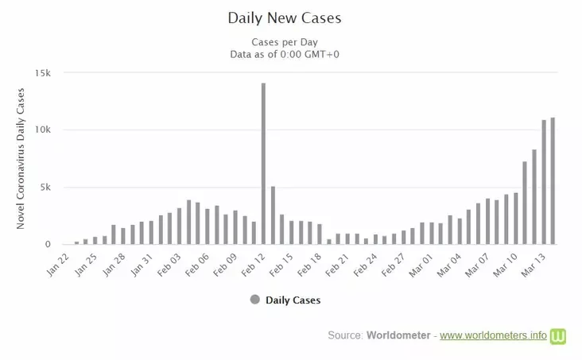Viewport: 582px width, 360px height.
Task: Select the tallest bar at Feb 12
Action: [x=263, y=164]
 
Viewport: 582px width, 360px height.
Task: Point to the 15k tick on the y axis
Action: [x=42, y=73]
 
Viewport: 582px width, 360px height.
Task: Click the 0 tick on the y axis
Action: [x=48, y=245]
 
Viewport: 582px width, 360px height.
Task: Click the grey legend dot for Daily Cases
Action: [x=254, y=300]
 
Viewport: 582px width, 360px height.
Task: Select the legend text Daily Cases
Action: [x=293, y=300]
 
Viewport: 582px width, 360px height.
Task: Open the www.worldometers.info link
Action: [x=493, y=336]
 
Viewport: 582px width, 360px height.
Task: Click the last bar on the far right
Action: [x=553, y=181]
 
